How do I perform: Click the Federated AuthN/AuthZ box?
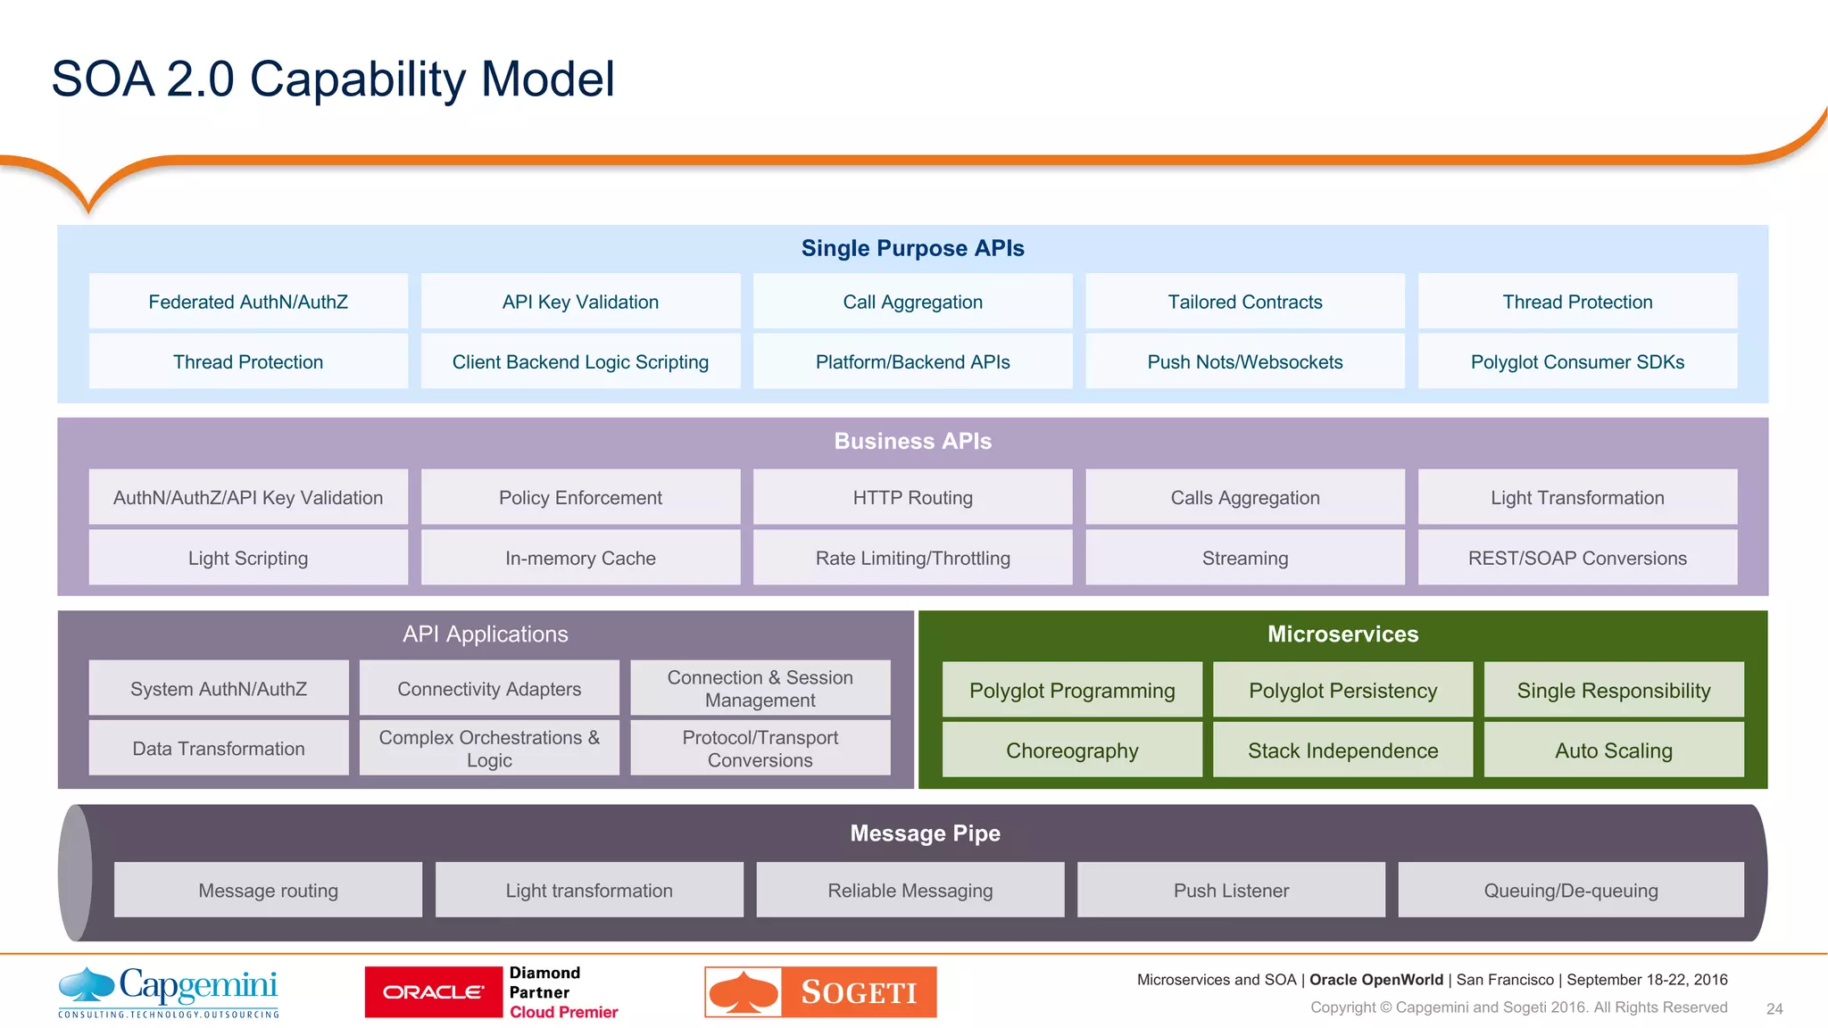pyautogui.click(x=248, y=302)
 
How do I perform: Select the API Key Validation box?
pyautogui.click(x=580, y=302)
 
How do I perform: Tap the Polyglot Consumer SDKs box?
pyautogui.click(x=1577, y=361)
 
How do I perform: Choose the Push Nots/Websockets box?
pyautogui.click(x=1244, y=361)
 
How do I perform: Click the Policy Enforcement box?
pyautogui.click(x=580, y=497)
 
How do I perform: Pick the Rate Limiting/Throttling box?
pyautogui.click(x=912, y=558)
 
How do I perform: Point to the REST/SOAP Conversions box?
pyautogui.click(x=1577, y=558)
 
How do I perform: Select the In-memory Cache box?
pyautogui.click(x=580, y=558)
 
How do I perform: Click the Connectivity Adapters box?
pyautogui.click(x=489, y=688)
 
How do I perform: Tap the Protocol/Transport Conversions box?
pyautogui.click(x=760, y=748)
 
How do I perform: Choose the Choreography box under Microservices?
pyautogui.click(x=1072, y=750)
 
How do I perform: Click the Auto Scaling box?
pyautogui.click(x=1613, y=750)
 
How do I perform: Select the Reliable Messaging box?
pyautogui.click(x=910, y=890)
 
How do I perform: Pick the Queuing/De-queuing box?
pyautogui.click(x=1570, y=890)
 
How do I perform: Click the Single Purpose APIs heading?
pyautogui.click(x=912, y=248)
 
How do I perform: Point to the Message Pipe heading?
pyautogui.click(x=925, y=833)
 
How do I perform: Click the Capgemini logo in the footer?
pyautogui.click(x=169, y=991)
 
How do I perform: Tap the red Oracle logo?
pyautogui.click(x=434, y=991)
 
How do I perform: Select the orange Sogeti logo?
pyautogui.click(x=820, y=991)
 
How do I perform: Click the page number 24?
pyautogui.click(x=1774, y=1008)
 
